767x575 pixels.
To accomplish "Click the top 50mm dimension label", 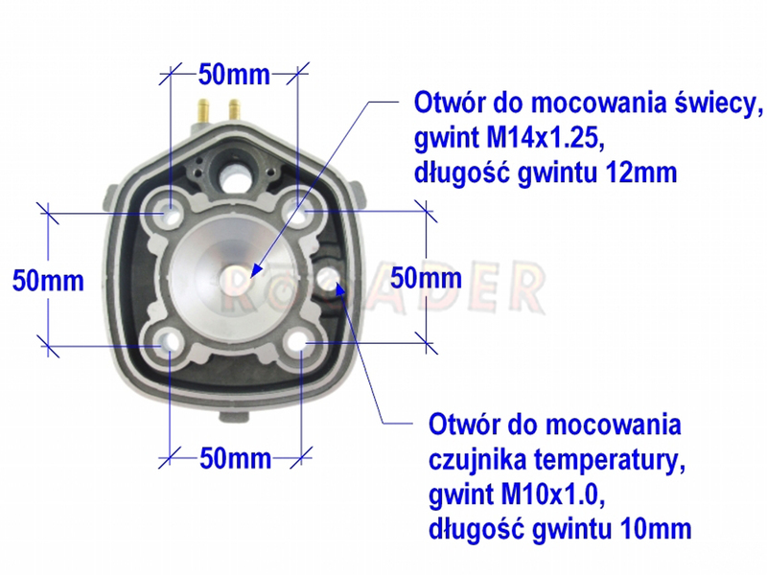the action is click(x=234, y=75).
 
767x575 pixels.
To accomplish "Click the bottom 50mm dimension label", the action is click(x=235, y=459).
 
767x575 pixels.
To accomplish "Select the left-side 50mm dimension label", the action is click(x=48, y=281).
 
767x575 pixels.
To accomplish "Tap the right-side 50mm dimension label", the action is click(x=426, y=278).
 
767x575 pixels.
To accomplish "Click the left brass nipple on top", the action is click(x=203, y=111).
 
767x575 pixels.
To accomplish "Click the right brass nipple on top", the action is click(x=234, y=110).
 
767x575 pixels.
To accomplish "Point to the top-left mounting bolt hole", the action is click(x=168, y=213).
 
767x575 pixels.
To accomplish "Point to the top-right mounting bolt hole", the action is click(x=299, y=213).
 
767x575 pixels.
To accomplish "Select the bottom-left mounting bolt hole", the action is click(x=168, y=340).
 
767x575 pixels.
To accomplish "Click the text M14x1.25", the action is click(x=546, y=139).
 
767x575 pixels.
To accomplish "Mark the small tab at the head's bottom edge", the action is click(x=235, y=417).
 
